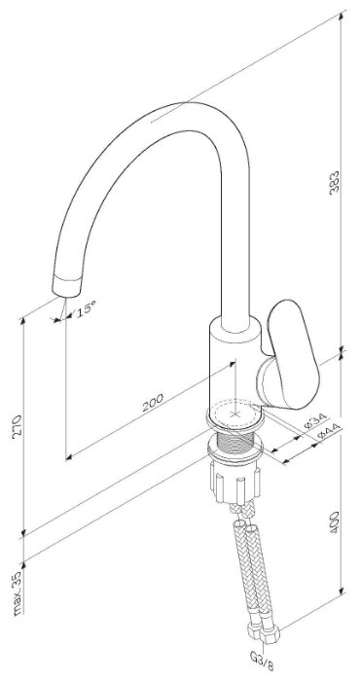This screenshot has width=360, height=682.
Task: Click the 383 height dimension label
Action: click(334, 182)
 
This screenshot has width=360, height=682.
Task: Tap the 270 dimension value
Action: click(18, 427)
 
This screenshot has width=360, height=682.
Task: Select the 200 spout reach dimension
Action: click(153, 403)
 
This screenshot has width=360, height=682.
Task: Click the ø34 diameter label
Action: click(315, 420)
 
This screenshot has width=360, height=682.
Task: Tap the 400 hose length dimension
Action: click(334, 523)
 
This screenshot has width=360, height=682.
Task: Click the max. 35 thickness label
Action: click(18, 593)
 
